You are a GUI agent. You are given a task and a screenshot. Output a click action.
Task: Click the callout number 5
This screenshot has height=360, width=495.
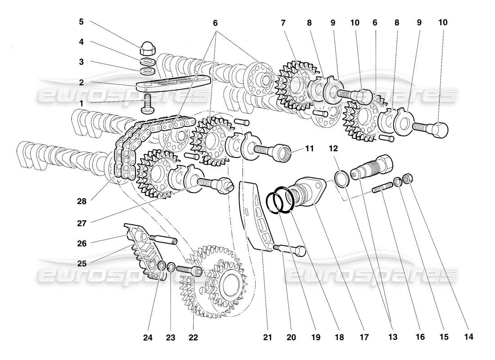coord(81,22)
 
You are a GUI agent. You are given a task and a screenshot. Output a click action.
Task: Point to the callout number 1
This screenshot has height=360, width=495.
coord(81,103)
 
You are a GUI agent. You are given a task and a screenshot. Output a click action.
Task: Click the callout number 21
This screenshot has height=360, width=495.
coord(267,335)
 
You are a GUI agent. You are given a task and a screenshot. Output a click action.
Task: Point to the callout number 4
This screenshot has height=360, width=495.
coord(81,41)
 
